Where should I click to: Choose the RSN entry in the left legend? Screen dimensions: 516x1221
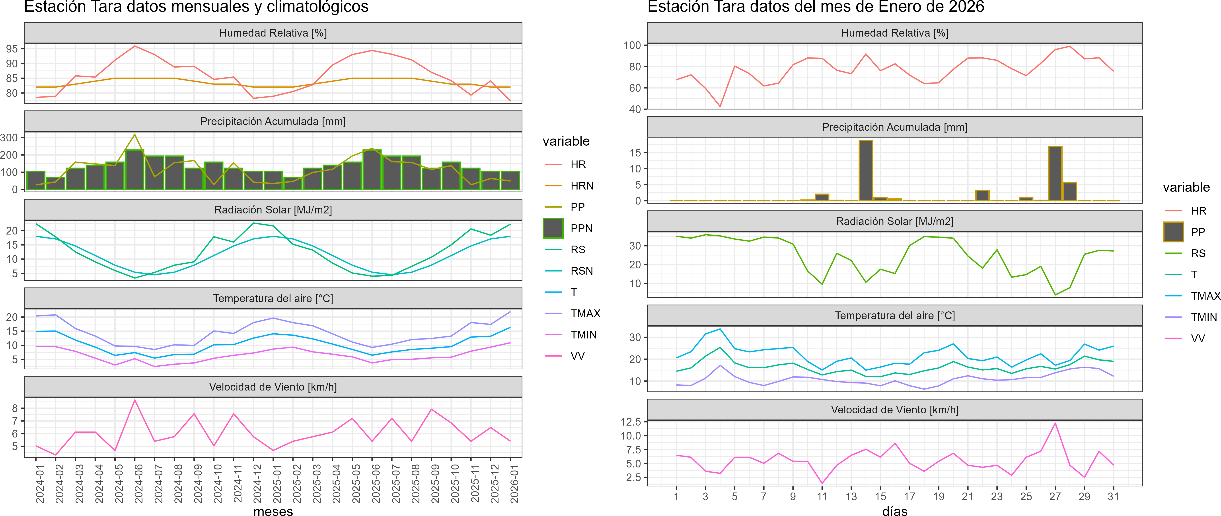click(582, 271)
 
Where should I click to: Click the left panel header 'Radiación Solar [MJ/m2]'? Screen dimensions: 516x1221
click(273, 210)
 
